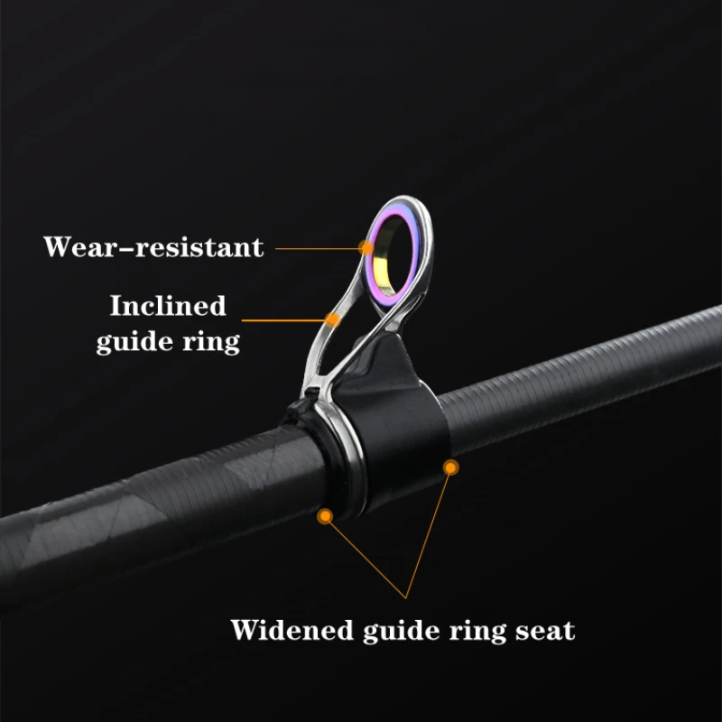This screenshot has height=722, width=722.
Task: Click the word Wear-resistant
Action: point(153,245)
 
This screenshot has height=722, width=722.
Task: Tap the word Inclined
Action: point(167,306)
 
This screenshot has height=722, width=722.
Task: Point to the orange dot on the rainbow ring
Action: point(366,245)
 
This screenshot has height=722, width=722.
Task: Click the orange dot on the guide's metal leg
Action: point(333,319)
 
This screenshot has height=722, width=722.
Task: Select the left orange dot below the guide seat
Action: point(325,515)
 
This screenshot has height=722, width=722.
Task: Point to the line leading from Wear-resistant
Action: point(316,245)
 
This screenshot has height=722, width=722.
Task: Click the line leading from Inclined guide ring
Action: point(284,319)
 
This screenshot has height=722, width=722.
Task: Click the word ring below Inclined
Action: point(217,342)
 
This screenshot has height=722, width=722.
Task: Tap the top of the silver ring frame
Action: point(397,201)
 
